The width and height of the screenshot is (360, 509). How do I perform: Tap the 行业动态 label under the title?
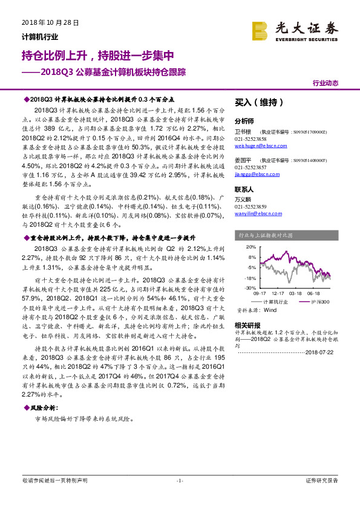coord(325,83)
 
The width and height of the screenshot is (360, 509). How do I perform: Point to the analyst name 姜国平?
coord(243,161)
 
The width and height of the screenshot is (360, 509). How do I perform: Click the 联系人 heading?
coord(244,189)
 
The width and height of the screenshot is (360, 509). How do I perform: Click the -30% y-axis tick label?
coord(250,288)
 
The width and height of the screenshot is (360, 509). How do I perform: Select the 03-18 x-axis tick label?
coord(295,294)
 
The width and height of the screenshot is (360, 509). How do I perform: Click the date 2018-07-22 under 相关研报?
coord(321,353)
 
